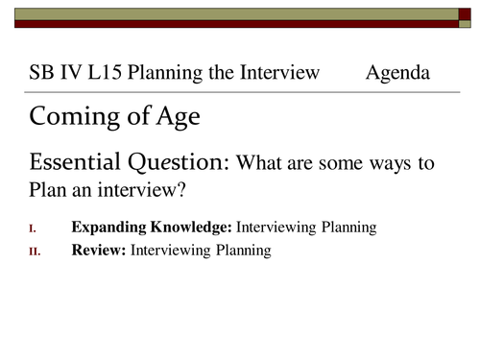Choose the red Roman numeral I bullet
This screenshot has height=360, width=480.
(35, 228)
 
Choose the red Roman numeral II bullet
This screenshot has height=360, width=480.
(36, 252)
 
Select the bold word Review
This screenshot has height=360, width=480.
(98, 251)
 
